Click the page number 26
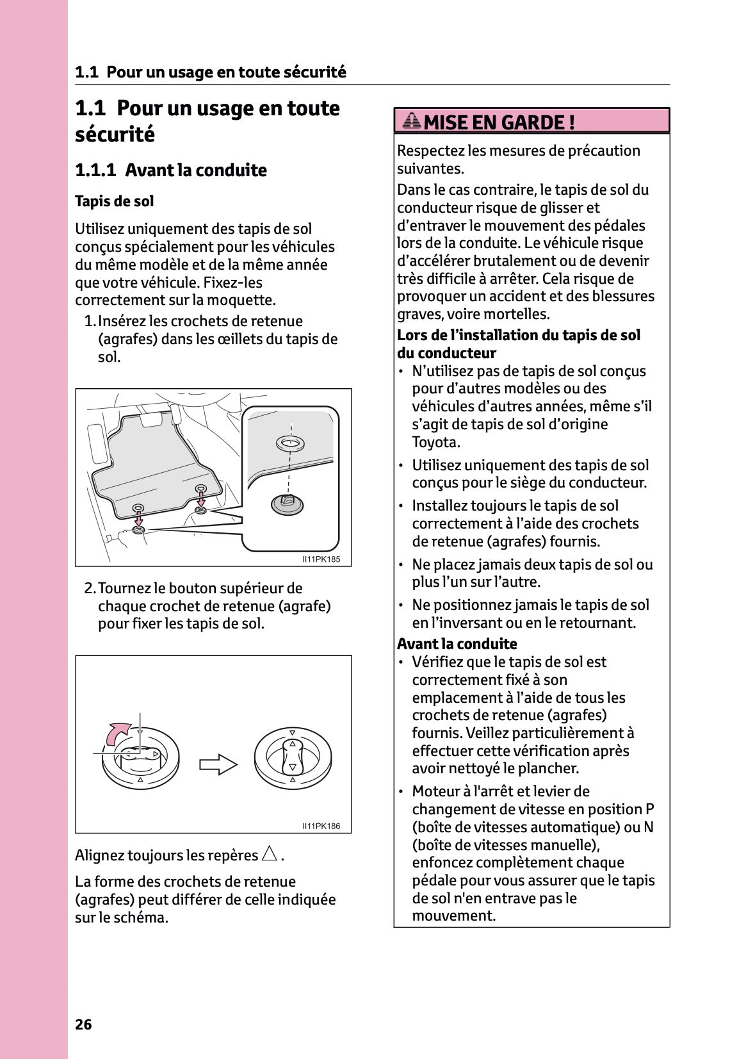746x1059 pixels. point(83,1024)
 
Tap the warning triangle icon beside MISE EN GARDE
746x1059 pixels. point(412,120)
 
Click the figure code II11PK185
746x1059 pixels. point(321,559)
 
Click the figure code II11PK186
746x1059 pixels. point(321,826)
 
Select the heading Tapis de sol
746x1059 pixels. point(114,201)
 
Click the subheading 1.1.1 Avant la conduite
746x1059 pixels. point(170,170)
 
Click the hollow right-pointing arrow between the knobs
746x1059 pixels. point(218,764)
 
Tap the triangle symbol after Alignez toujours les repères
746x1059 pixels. point(270,854)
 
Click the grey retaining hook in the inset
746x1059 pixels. point(288,504)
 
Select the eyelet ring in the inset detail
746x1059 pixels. point(291,443)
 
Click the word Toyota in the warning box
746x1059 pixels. point(435,442)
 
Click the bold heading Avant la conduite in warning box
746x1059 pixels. point(457,644)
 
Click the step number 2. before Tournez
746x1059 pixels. point(90,588)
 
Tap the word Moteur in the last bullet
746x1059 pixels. point(437,791)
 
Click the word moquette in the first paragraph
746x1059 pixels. point(243,300)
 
